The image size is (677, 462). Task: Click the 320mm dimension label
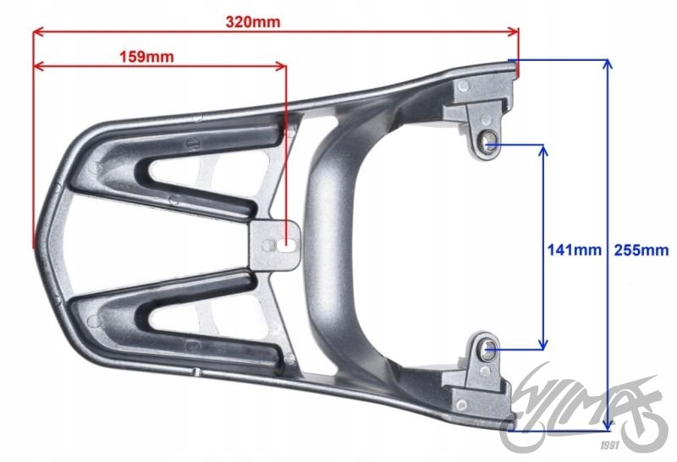253,21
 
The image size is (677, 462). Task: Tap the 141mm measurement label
575,250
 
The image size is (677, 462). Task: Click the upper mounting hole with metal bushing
489,142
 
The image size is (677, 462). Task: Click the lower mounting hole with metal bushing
487,349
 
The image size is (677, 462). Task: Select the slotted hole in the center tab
284,245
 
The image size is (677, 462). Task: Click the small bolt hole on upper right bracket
462,86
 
